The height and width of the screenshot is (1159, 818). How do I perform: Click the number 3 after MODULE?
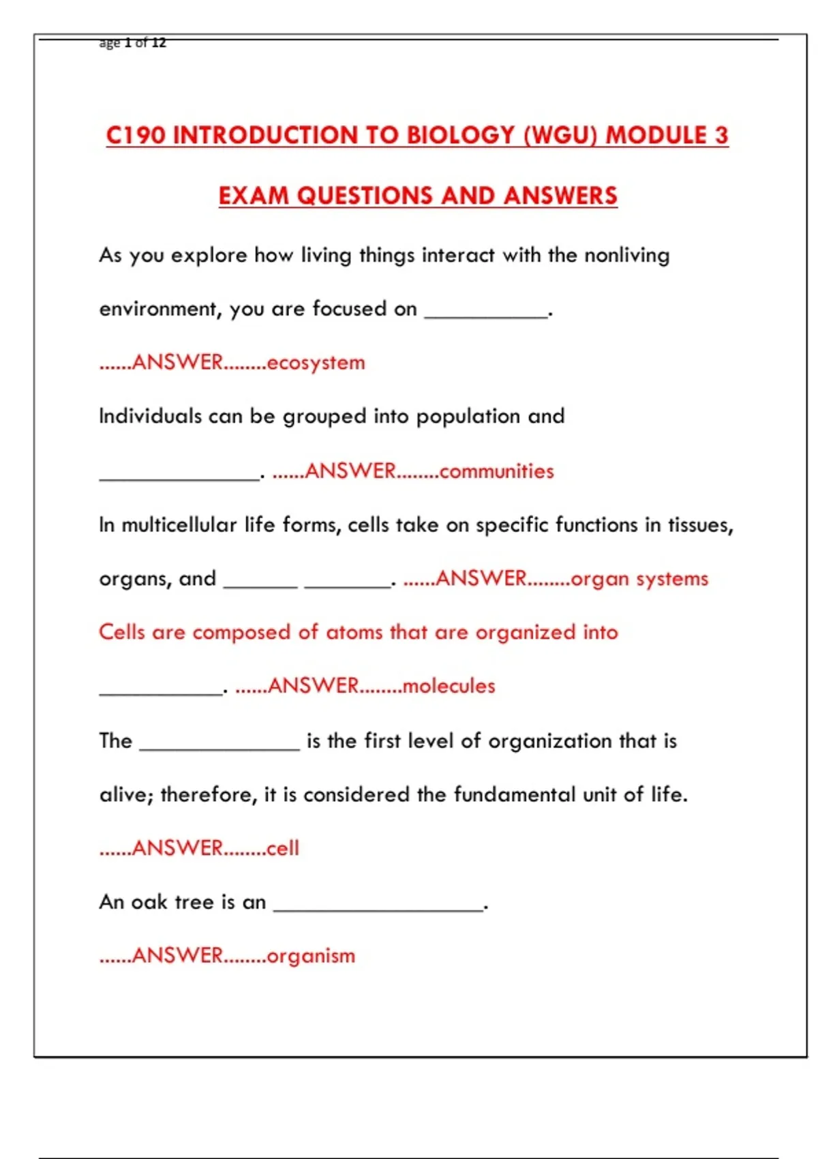click(x=721, y=135)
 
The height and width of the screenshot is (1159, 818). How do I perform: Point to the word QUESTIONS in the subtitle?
click(x=365, y=196)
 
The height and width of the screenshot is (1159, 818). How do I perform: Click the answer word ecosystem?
click(x=316, y=363)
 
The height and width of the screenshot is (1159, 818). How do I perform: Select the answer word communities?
click(x=496, y=471)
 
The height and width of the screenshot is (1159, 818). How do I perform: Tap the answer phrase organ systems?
click(x=639, y=579)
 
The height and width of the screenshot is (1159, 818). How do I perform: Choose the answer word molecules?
click(x=449, y=686)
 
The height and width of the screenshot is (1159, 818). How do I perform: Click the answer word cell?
click(x=283, y=848)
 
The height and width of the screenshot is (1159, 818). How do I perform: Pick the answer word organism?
click(x=311, y=956)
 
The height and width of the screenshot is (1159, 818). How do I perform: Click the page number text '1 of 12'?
click(x=145, y=43)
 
